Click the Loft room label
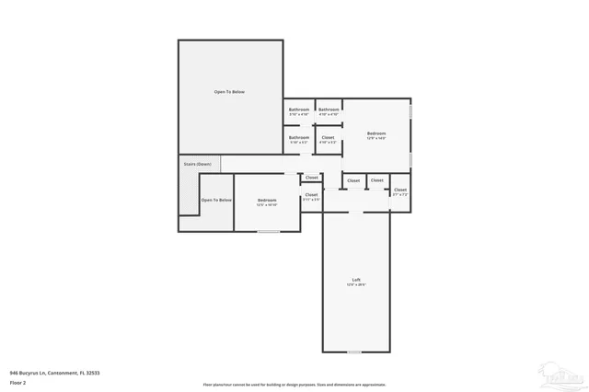point(355,280)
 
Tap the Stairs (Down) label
point(197,164)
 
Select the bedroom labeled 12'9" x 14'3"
point(376,134)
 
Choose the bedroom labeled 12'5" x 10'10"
point(267,202)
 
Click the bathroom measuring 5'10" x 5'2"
point(299,139)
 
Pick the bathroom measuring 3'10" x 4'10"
point(299,111)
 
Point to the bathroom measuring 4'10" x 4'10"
point(329,111)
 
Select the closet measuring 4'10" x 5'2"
point(328,139)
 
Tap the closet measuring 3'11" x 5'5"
point(311,196)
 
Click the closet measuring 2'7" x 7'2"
point(400,191)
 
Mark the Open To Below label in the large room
point(229,92)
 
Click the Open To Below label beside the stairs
point(216,200)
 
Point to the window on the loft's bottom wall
point(354,352)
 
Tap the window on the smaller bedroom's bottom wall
point(268,231)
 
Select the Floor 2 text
point(18,383)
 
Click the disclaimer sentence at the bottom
point(294,385)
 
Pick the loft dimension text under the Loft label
point(355,285)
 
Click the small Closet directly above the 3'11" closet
point(312,178)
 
